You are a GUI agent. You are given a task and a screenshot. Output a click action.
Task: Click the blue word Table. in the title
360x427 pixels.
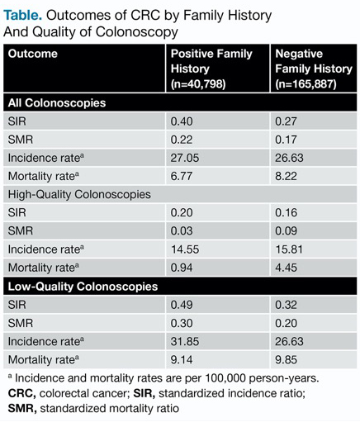coord(22,16)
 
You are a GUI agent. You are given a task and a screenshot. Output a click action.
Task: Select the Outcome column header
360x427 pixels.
coord(33,54)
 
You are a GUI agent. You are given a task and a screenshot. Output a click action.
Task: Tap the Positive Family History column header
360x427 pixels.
coord(211,69)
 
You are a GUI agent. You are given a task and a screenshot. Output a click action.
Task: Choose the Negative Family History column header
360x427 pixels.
coord(314,69)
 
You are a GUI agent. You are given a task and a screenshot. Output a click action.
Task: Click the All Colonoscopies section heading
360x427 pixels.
coord(57,103)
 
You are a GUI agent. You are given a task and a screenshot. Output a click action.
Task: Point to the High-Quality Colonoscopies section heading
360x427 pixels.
coord(79,194)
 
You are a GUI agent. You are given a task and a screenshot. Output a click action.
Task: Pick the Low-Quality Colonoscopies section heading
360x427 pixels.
coord(83,287)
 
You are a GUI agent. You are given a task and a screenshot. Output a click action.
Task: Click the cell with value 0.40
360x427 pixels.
coord(182,121)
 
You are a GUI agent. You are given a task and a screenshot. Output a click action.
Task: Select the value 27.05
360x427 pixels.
coord(185,158)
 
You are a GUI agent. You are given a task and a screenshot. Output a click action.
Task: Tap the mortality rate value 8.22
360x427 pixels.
coord(286,176)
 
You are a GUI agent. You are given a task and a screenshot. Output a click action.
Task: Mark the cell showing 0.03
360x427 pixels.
coord(182,230)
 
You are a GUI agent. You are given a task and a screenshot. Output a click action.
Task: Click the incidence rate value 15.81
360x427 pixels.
coord(289,249)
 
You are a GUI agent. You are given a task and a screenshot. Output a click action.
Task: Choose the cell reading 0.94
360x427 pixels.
coord(182,268)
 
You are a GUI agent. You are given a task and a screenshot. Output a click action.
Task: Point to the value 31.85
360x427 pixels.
coord(185,341)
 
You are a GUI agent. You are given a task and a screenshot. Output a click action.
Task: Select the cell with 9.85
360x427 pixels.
coord(286,359)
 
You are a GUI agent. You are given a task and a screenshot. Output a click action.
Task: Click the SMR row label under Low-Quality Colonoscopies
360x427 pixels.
coord(21,323)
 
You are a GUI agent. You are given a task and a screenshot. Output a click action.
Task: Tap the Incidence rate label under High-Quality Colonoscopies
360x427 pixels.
coord(46,249)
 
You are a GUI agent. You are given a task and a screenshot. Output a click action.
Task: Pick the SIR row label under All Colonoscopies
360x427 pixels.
coord(17,121)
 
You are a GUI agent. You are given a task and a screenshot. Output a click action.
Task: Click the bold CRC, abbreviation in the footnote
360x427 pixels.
coord(22,393)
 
